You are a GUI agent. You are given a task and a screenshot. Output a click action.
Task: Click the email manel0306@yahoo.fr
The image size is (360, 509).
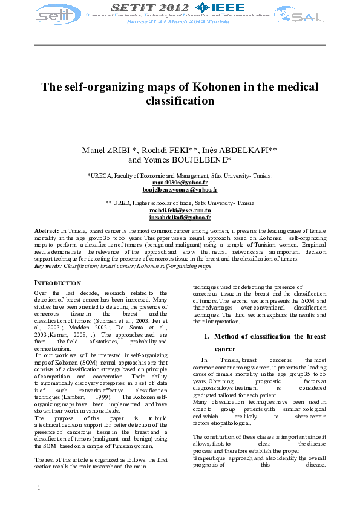(x=180, y=183)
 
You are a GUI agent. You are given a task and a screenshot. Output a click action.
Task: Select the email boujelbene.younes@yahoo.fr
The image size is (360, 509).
(x=180, y=190)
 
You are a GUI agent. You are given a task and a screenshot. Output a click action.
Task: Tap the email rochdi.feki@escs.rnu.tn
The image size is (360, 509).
(x=180, y=210)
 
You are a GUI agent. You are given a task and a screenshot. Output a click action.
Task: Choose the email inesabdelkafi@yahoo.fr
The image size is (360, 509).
(x=180, y=217)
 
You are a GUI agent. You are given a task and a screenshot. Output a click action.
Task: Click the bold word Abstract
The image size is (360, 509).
(x=46, y=232)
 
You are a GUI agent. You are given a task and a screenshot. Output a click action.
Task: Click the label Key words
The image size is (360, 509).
(x=47, y=265)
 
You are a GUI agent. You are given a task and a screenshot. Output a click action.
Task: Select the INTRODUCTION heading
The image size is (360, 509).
(x=57, y=283)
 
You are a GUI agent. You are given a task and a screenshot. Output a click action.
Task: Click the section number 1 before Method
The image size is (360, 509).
(x=206, y=336)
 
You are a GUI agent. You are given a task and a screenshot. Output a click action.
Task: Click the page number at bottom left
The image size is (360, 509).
(x=39, y=487)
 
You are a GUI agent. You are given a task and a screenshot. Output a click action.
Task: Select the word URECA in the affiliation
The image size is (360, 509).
(x=100, y=175)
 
